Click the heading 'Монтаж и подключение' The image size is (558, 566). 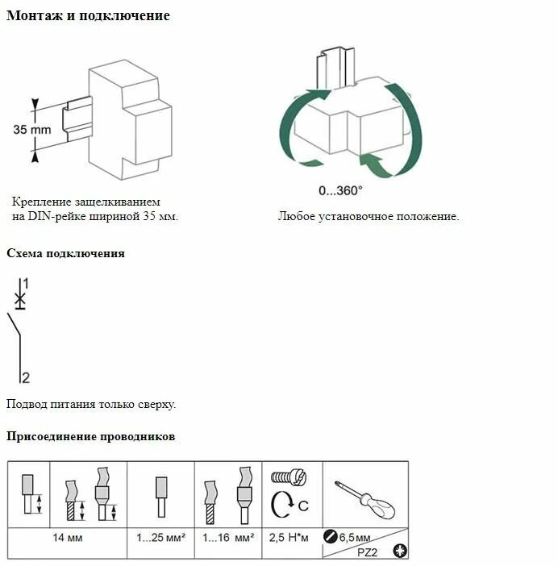[x=88, y=16]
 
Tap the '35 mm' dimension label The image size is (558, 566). [x=31, y=129]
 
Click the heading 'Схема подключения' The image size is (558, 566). [x=65, y=253]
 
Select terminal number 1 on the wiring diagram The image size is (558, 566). [x=26, y=283]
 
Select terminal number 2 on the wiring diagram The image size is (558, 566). [x=26, y=377]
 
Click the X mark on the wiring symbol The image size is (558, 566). [x=20, y=299]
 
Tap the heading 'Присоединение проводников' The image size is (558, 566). [x=90, y=437]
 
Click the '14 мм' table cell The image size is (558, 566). [x=68, y=537]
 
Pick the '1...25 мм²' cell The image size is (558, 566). [x=161, y=537]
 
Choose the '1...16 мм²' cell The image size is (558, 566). [x=228, y=537]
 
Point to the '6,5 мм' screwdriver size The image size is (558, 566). [x=355, y=537]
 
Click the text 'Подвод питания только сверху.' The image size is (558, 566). [x=90, y=404]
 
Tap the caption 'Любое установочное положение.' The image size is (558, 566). [x=369, y=216]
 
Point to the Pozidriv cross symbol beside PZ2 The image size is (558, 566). [x=398, y=551]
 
